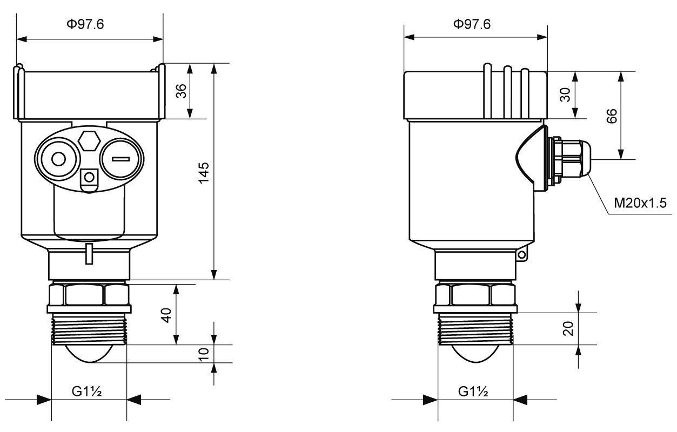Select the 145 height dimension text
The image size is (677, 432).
click(204, 172)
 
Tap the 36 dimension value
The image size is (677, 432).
click(182, 91)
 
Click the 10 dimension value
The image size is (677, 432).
click(204, 354)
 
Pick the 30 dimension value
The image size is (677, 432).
click(564, 95)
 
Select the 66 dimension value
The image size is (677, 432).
click(611, 116)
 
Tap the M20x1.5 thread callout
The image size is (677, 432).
click(640, 203)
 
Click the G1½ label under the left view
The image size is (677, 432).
click(89, 391)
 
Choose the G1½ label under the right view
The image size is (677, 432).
click(473, 391)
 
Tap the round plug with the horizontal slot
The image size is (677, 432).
click(121, 159)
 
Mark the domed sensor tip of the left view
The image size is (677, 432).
click(89, 353)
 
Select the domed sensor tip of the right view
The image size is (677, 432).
click(474, 353)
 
